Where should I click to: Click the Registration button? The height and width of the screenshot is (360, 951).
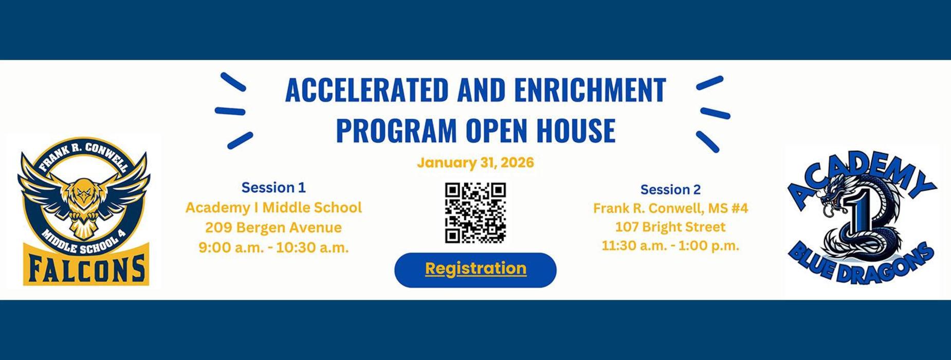(475, 269)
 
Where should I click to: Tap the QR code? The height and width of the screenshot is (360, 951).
(475, 212)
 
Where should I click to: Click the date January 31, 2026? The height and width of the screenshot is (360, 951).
(475, 163)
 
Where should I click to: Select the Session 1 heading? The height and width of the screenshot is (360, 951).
(273, 188)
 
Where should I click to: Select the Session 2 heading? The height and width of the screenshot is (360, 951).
(670, 190)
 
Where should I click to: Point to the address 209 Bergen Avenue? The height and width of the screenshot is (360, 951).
(273, 227)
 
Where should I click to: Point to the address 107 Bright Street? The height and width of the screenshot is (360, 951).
(670, 227)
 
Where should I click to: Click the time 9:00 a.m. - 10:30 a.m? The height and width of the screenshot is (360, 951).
(273, 247)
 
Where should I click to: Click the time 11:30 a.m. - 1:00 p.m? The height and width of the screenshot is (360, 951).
(670, 246)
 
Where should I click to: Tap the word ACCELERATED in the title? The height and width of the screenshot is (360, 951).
(367, 90)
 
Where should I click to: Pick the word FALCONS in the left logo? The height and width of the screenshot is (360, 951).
(86, 268)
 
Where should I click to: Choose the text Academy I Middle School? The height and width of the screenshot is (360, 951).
(273, 208)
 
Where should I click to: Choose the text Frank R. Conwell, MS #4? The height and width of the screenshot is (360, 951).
(670, 208)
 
